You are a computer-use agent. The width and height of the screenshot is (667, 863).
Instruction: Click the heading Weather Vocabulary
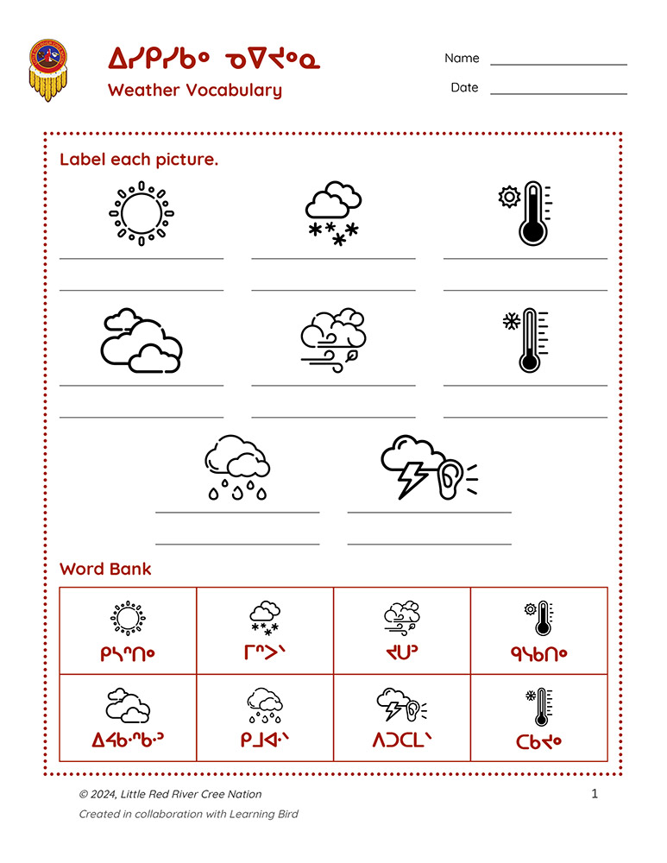tap(194, 90)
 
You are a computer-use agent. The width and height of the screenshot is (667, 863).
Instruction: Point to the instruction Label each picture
tap(139, 160)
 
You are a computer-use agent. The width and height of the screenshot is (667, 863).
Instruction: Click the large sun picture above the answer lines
tap(142, 211)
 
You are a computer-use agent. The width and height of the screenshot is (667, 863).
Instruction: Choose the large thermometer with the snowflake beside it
tap(526, 340)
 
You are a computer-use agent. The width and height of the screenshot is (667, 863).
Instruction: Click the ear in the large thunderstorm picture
tap(450, 478)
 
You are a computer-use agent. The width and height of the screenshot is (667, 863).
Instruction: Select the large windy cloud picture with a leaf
tap(333, 340)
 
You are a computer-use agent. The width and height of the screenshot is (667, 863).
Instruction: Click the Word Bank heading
tap(105, 569)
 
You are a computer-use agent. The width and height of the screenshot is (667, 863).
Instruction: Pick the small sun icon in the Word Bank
tap(128, 618)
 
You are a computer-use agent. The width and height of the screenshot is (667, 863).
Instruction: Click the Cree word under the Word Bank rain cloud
tap(265, 740)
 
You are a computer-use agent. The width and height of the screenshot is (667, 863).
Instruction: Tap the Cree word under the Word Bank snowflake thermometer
tap(538, 740)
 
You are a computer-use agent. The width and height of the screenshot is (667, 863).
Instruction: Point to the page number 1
tap(595, 794)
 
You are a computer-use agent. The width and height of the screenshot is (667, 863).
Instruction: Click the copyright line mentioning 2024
tap(170, 794)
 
